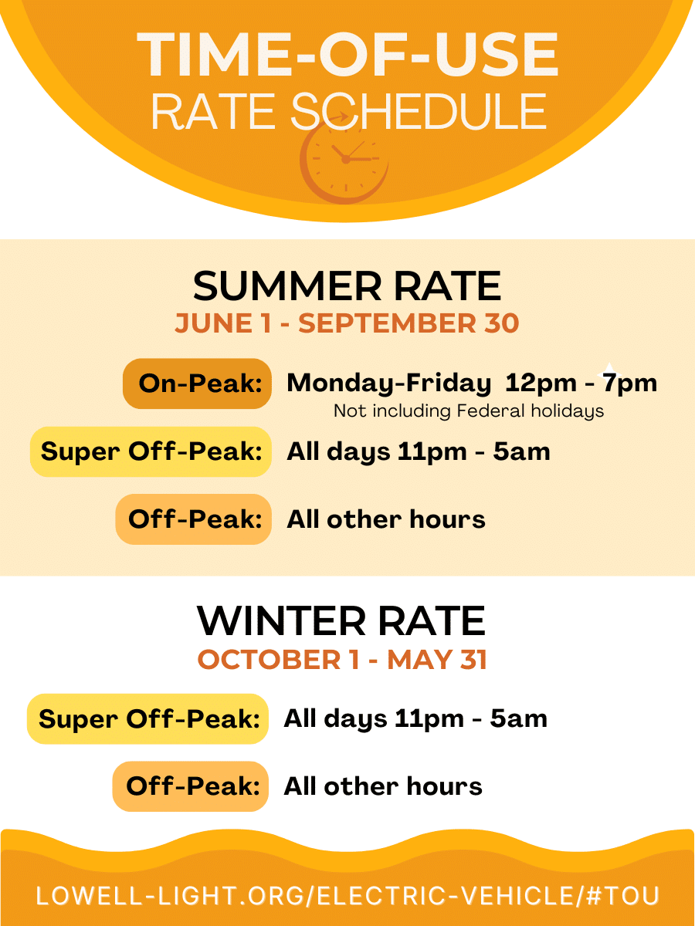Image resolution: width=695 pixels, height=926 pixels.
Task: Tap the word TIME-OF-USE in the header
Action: (347, 55)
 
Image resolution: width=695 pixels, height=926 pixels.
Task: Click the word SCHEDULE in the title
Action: (419, 111)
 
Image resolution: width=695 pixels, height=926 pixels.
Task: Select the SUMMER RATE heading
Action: (347, 286)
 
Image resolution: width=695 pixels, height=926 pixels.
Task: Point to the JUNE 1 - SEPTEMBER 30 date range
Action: (347, 323)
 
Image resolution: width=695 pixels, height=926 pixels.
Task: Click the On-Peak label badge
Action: (197, 384)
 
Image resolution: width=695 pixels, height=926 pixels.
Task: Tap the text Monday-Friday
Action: (388, 384)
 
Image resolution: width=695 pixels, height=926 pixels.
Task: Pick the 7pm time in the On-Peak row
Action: (629, 384)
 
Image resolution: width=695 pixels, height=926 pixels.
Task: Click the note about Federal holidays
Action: (469, 411)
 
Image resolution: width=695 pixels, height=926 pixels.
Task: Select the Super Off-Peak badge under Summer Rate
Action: (151, 451)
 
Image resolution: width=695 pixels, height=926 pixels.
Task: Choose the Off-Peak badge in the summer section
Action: (193, 519)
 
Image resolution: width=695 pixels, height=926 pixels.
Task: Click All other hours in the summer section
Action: (385, 519)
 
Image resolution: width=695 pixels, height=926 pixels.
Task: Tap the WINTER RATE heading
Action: (341, 620)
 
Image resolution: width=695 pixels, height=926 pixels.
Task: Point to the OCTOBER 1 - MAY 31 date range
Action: (342, 659)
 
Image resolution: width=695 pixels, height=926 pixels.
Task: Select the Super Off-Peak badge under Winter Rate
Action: (147, 719)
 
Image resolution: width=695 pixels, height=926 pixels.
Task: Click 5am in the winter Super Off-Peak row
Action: (519, 718)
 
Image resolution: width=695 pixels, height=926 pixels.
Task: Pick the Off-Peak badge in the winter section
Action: (190, 786)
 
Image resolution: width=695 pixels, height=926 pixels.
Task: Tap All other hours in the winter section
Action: (383, 786)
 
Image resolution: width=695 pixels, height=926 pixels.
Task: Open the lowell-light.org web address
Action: (347, 896)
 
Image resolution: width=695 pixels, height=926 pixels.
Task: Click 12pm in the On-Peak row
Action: (541, 384)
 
